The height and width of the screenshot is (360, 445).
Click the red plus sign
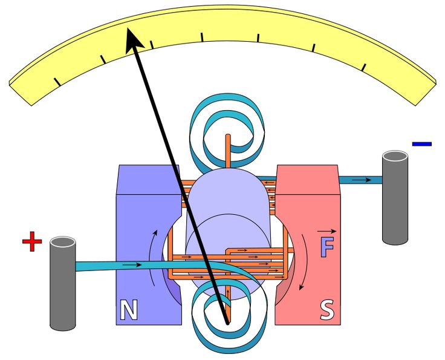[32, 243]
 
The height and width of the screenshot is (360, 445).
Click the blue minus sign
[421, 144]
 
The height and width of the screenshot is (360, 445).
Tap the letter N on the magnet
[128, 310]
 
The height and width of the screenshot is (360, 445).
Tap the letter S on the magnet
[326, 310]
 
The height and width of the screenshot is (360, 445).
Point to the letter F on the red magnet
[326, 247]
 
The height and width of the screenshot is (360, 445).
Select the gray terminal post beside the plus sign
[62, 284]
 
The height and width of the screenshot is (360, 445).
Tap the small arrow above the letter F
[326, 231]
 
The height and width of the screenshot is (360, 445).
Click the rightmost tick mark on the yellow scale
[365, 67]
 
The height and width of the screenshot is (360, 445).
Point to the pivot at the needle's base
[227, 322]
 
